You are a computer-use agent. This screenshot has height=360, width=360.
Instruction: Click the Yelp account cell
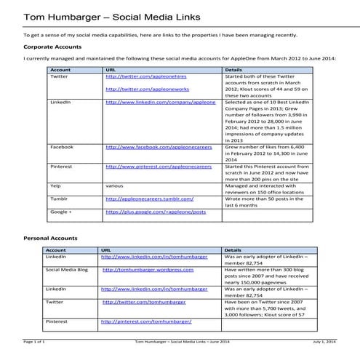coord(55,185)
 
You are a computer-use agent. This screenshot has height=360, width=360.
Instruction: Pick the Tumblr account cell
coord(59,198)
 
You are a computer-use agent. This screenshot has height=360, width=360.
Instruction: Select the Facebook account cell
coord(61,147)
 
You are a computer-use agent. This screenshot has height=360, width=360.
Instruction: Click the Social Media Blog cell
coord(67,269)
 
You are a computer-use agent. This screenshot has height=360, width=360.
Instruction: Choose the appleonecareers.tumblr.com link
coord(149,198)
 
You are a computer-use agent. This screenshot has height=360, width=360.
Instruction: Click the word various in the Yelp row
coord(114,185)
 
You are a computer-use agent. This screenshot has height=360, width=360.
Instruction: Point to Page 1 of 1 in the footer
coord(34,340)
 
